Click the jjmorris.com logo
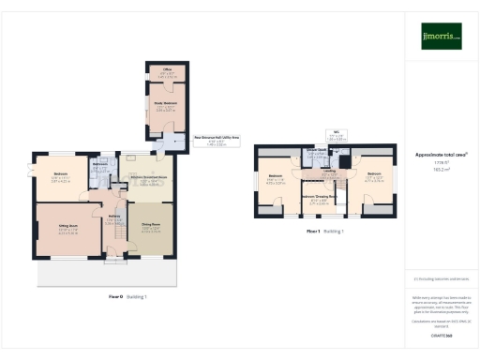442,37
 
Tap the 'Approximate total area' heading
441,155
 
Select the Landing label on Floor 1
329,172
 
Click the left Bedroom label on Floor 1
276,177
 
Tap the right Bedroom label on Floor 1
374,175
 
